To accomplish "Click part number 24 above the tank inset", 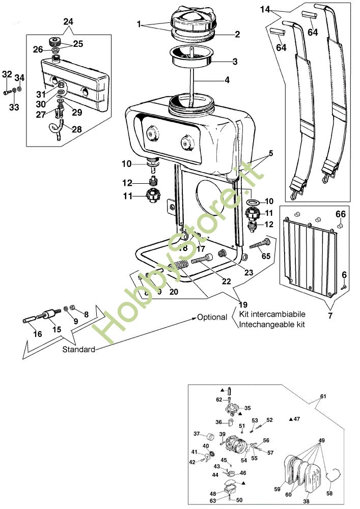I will [68, 21].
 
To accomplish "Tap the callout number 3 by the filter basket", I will [235, 62].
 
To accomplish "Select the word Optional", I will [212, 317].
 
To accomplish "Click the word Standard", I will [78, 350].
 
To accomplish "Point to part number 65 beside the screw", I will [266, 256].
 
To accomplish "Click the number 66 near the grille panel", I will [340, 214].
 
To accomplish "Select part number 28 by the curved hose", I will [76, 129].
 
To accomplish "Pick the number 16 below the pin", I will [38, 334].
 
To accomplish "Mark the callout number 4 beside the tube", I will [227, 80].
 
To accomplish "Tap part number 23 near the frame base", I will [248, 272].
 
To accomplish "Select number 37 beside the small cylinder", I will [197, 434].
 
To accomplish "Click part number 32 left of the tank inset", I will [7, 74].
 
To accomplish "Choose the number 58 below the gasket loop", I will [329, 494].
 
